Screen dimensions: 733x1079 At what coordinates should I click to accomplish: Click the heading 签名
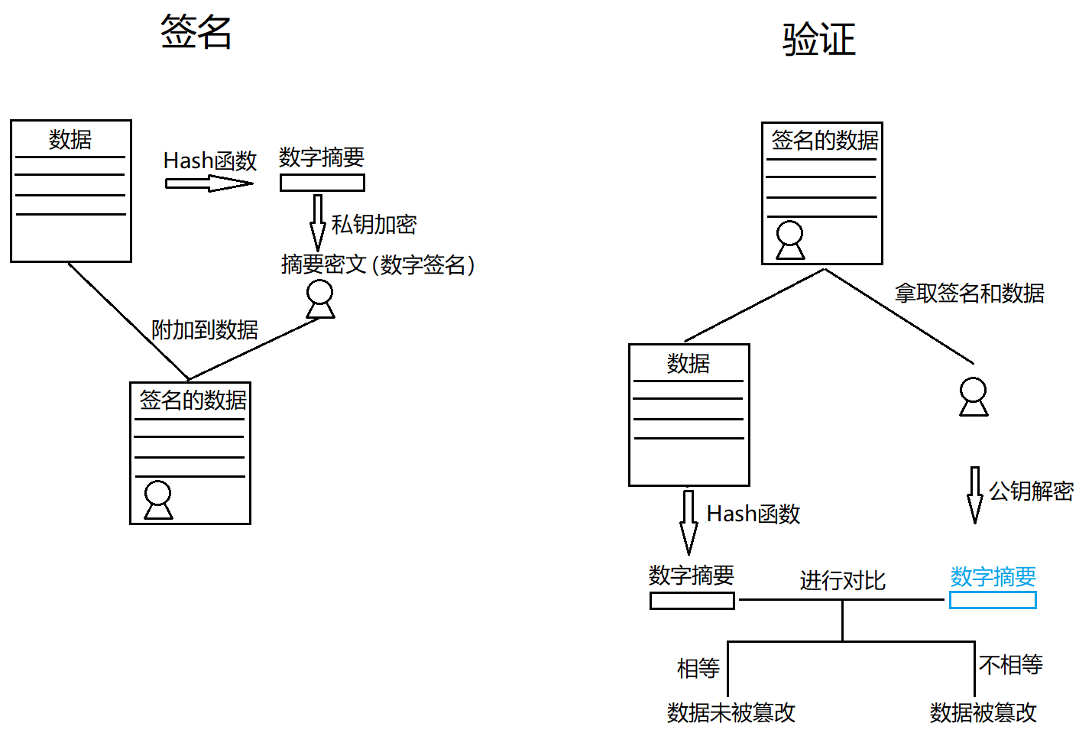[x=196, y=32]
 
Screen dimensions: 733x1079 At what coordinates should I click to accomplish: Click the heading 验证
[x=818, y=39]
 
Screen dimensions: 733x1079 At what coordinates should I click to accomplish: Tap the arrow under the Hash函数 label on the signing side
[x=209, y=183]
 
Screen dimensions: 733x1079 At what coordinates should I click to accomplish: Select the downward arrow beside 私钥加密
[x=317, y=222]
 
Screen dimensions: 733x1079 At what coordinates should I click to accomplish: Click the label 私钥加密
[x=374, y=225]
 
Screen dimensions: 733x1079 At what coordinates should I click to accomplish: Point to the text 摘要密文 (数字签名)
[x=378, y=264]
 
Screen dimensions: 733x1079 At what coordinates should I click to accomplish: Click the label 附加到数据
[x=205, y=330]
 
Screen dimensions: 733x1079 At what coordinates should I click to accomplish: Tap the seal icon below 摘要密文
[x=320, y=299]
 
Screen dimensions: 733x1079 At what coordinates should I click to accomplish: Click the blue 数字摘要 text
[x=993, y=576]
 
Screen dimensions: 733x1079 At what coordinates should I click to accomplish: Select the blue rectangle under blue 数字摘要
[x=993, y=600]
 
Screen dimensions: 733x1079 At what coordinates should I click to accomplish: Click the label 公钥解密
[x=1031, y=491]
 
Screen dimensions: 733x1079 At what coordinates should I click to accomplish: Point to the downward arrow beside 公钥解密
[x=974, y=495]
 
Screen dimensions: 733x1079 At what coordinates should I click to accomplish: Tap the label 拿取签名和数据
[x=969, y=294]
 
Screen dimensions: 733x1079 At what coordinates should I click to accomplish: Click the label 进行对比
[x=842, y=581]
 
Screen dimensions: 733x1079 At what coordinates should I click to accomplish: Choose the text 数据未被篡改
[x=731, y=713]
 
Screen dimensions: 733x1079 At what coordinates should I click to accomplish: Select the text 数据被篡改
[x=983, y=713]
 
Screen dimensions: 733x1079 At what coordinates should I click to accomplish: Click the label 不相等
[x=1010, y=665]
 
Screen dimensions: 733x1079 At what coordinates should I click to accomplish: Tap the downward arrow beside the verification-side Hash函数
[x=689, y=522]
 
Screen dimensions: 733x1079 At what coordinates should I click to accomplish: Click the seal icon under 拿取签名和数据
[x=974, y=397]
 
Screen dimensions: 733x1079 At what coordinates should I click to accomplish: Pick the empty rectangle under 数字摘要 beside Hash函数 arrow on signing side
[x=322, y=183]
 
